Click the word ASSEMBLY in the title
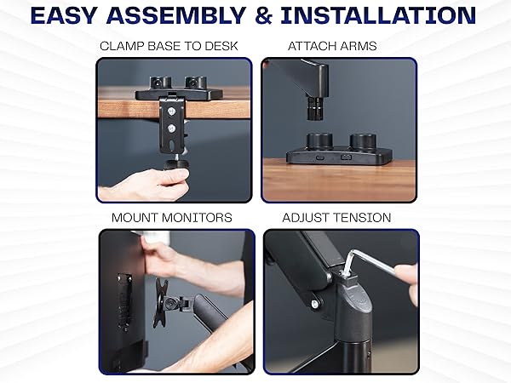pos(176,15)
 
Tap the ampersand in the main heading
pos(264,15)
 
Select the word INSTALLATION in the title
pos(378,15)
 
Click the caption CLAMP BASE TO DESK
pos(169,46)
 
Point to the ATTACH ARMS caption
pos(332,46)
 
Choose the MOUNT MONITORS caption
pos(172,218)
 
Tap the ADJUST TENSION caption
pos(336,218)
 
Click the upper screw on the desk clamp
pos(171,111)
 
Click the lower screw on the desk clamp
pos(171,129)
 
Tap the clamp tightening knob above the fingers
pos(176,163)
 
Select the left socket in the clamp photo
pos(160,83)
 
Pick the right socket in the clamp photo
pos(196,83)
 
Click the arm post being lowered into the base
pos(314,107)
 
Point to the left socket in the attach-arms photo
pos(319,140)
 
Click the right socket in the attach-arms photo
pos(363,140)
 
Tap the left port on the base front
pos(320,157)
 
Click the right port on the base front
pos(346,157)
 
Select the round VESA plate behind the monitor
pos(161,303)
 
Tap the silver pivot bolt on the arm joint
pos(314,304)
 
